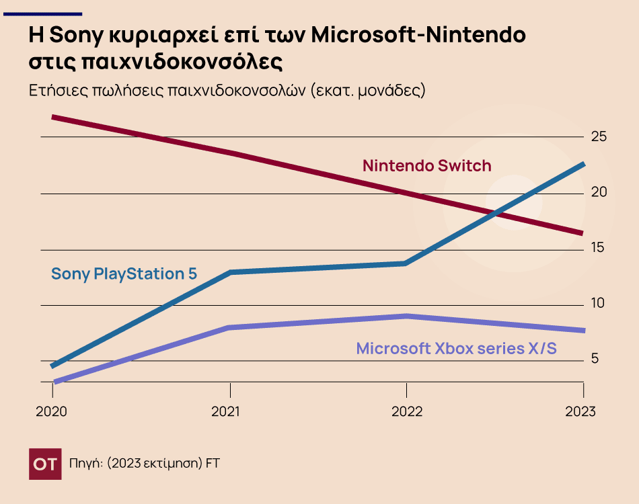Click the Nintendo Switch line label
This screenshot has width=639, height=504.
(427, 165)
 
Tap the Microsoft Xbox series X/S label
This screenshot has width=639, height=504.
(457, 349)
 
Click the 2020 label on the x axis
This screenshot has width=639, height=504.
(52, 411)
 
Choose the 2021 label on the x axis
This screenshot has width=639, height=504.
(230, 411)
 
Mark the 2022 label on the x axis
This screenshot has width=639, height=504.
(407, 411)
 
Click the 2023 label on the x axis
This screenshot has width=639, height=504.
(580, 411)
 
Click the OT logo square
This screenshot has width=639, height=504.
(45, 464)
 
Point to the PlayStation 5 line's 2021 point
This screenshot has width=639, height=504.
(230, 272)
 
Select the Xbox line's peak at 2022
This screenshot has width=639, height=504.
(406, 316)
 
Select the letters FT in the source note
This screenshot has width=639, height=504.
(213, 464)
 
